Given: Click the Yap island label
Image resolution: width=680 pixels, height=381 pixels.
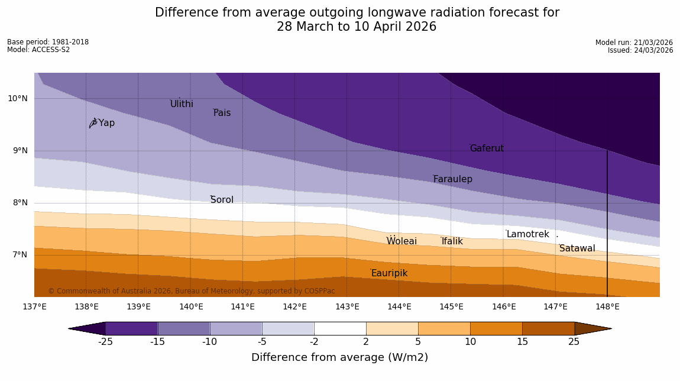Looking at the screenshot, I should point(106,123).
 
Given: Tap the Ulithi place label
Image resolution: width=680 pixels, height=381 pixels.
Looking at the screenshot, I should point(182,104).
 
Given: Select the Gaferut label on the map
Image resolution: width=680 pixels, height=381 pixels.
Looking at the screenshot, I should point(487,148).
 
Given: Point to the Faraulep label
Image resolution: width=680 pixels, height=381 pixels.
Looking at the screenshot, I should point(452,179).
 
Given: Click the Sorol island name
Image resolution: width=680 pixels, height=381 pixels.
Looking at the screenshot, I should point(222,200).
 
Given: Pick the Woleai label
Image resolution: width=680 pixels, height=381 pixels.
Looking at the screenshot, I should point(401,241).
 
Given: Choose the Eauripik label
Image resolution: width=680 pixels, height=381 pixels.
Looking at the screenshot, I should point(389,273).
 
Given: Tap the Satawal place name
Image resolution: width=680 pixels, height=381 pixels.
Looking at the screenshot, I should point(577,248).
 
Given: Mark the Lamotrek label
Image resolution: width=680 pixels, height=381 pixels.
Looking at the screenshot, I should point(527,234).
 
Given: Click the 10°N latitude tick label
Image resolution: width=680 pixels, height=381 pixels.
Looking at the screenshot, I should point(17,99).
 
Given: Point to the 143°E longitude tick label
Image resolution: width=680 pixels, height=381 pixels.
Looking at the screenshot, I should point(347,306).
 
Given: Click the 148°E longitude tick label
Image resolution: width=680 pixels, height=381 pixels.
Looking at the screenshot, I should point(607,306).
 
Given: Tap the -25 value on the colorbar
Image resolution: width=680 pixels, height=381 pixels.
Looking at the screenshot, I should point(105,342).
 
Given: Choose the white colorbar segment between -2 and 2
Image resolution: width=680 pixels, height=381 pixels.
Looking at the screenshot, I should point(340,328).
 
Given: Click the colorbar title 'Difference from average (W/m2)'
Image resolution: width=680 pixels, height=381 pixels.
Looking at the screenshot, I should point(339,357).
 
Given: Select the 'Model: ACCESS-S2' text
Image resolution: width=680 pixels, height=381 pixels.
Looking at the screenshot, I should point(38,50).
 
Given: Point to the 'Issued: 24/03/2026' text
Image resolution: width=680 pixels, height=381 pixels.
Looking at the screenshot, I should point(640,50).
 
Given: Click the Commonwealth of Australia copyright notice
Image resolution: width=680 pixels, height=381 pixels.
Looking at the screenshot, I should point(192,291).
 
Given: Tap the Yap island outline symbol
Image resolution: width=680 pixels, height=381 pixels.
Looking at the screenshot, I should point(93,122).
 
